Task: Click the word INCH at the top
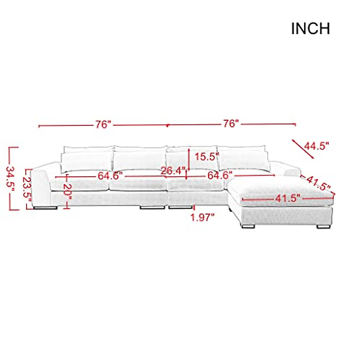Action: (310, 29)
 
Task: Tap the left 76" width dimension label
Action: (103, 124)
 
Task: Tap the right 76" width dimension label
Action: (231, 124)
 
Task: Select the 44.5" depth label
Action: (316, 146)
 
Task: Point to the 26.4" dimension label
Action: (172, 171)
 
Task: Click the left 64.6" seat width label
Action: (110, 176)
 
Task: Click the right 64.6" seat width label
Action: (220, 175)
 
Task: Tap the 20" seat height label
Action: (67, 192)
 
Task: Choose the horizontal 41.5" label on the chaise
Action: (287, 199)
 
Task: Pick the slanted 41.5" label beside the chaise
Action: (318, 183)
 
